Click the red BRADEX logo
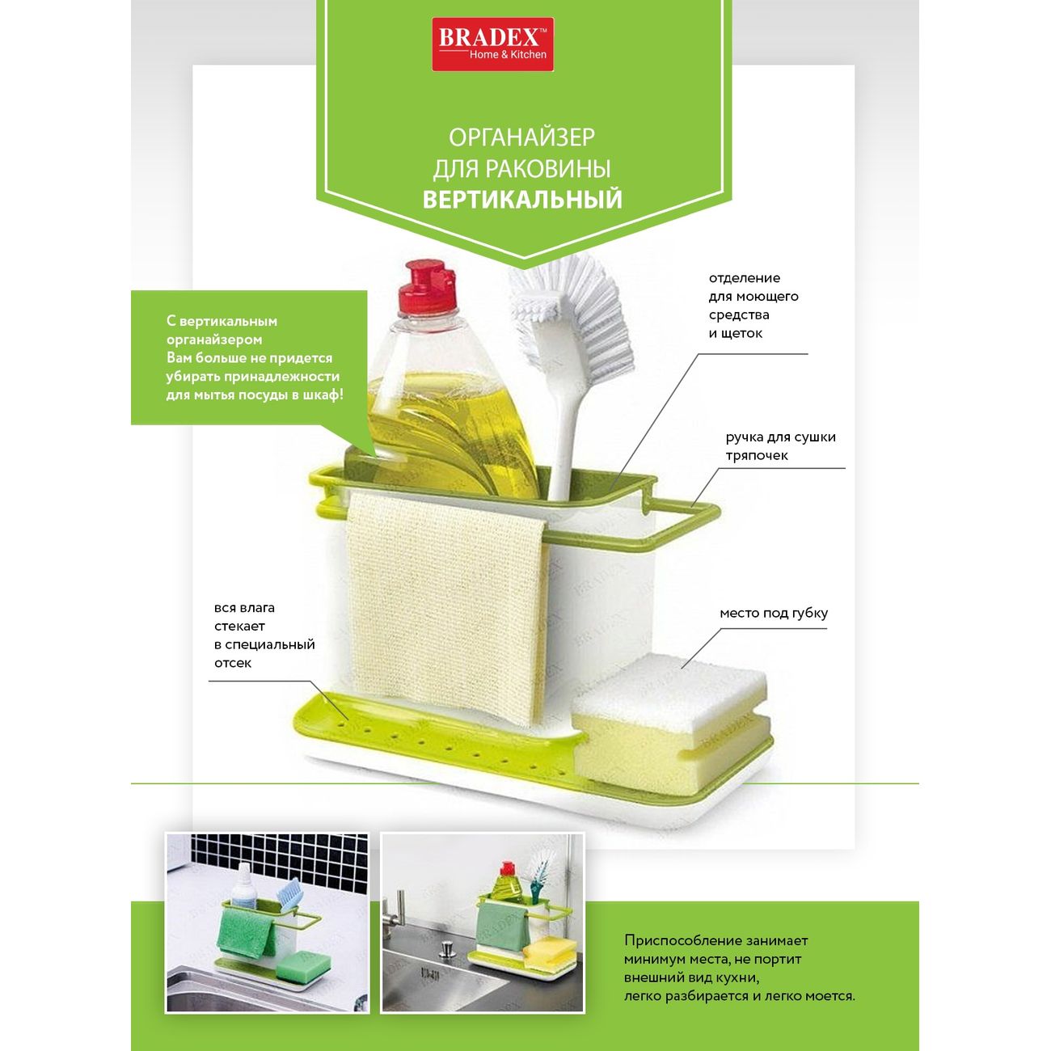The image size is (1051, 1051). click(x=492, y=44)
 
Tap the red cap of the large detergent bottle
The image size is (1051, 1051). click(x=426, y=288)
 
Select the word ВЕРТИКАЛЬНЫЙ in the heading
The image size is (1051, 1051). click(x=522, y=199)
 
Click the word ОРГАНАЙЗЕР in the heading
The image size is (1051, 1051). click(x=522, y=137)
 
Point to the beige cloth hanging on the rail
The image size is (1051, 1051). click(x=446, y=608)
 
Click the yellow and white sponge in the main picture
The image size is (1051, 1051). click(x=671, y=715)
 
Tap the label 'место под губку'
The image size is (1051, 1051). click(x=774, y=613)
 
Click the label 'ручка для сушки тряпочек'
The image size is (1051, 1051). click(x=780, y=446)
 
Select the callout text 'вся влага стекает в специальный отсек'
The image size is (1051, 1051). click(x=264, y=635)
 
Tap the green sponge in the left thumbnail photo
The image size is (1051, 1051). click(x=302, y=966)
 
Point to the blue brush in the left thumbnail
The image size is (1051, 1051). click(x=290, y=900)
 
